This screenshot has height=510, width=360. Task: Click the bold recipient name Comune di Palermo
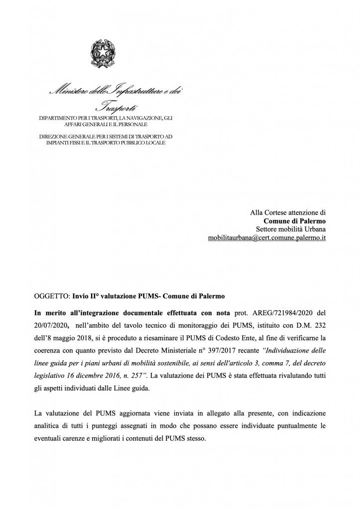[x=295, y=221]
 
